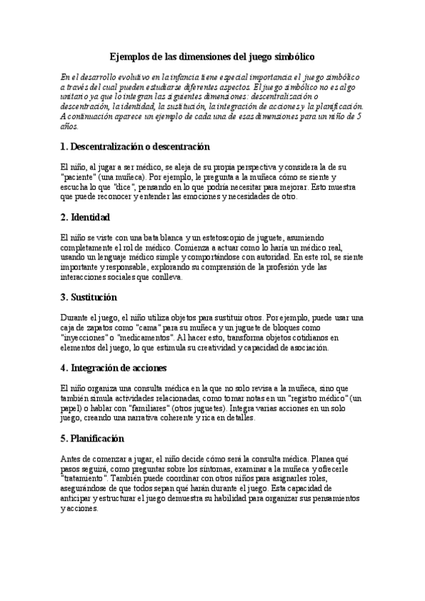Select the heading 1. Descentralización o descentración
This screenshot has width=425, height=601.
pyautogui.click(x=135, y=147)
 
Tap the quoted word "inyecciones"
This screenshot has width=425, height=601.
pyautogui.click(x=84, y=338)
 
